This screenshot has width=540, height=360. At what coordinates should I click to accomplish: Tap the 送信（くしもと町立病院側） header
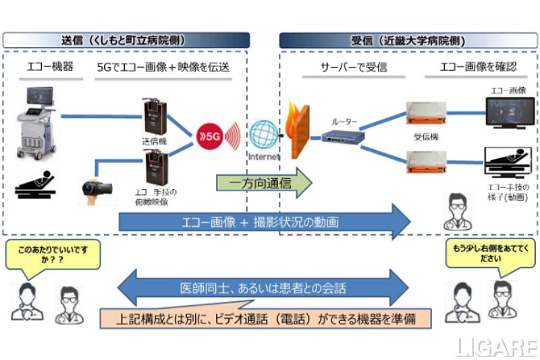click(x=126, y=40)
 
